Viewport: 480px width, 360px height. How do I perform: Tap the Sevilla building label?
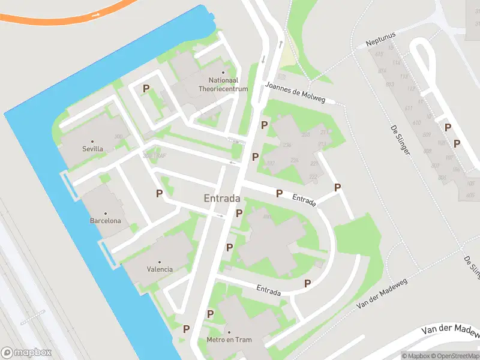coord(92,148)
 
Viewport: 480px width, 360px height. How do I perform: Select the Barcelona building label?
coord(106,221)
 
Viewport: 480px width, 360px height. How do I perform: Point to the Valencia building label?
coord(160,269)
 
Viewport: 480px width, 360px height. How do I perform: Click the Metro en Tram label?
coord(229,340)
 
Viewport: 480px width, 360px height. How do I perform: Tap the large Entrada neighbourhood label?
coord(222,198)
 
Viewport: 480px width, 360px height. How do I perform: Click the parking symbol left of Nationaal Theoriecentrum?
coord(146,89)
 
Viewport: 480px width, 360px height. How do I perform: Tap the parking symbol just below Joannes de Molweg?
coord(264,125)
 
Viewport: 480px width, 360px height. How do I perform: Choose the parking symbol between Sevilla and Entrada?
coord(159,193)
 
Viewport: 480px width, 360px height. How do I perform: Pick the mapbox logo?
coord(26,353)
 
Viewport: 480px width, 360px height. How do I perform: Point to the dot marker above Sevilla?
coord(92,141)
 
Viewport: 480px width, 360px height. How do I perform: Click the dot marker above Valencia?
coord(160,262)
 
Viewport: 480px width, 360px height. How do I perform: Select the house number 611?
coord(408,108)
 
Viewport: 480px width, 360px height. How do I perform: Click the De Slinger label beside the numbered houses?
coord(400,140)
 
